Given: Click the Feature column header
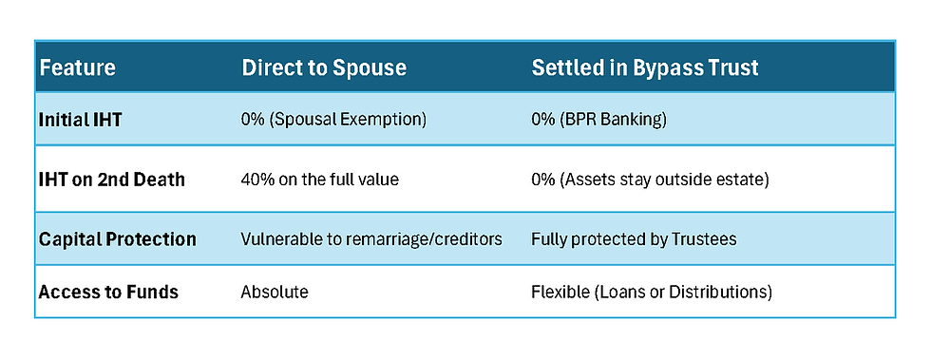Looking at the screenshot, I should (x=77, y=68).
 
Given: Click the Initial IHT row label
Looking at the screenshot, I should (x=82, y=120).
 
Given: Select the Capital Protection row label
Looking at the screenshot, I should (x=117, y=239).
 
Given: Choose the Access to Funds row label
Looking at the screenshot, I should (x=108, y=292).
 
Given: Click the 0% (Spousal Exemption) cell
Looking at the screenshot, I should (x=334, y=120).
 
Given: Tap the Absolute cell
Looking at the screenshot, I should (x=275, y=292).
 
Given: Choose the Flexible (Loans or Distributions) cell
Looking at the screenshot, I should (x=651, y=292).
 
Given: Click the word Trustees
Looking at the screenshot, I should (x=700, y=239).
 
